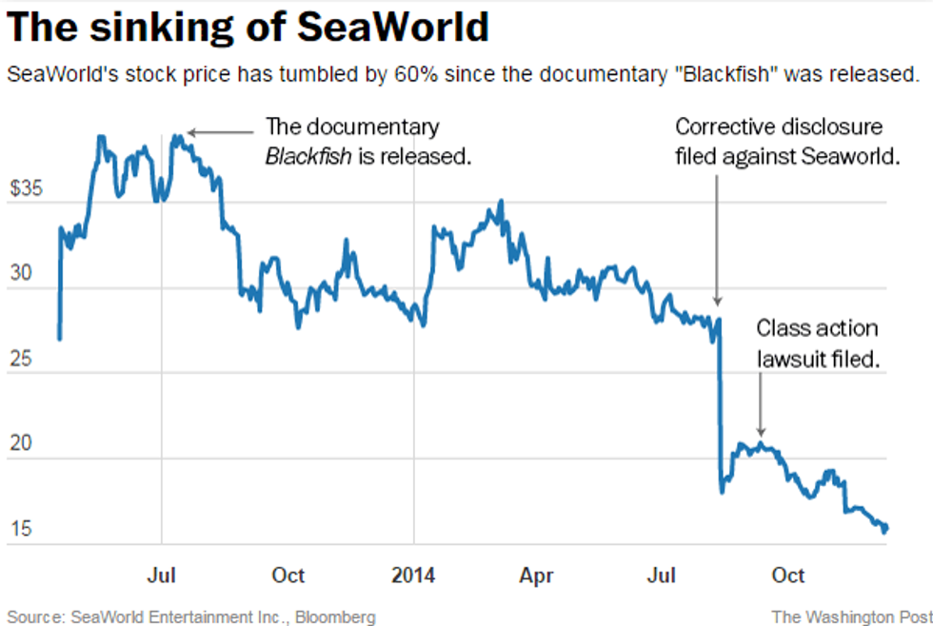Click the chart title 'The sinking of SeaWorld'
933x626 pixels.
pos(248,28)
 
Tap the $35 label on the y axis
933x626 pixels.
pos(27,189)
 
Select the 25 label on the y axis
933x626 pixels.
pos(21,361)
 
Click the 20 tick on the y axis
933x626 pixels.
pos(21,445)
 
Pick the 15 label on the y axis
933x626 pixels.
pos(21,530)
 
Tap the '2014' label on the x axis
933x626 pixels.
pos(413,575)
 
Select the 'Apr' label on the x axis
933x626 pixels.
pos(538,575)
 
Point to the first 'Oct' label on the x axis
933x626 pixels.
pos(288,575)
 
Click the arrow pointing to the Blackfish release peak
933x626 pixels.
pos(219,133)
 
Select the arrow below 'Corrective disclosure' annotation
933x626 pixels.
pos(717,238)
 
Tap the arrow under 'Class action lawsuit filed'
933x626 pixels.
pos(760,404)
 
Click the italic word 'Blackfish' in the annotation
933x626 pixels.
pos(308,155)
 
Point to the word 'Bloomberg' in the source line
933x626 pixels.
pos(336,616)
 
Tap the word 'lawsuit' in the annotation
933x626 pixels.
pos(793,359)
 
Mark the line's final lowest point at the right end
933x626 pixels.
pos(884,531)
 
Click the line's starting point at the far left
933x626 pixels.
pos(59,338)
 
